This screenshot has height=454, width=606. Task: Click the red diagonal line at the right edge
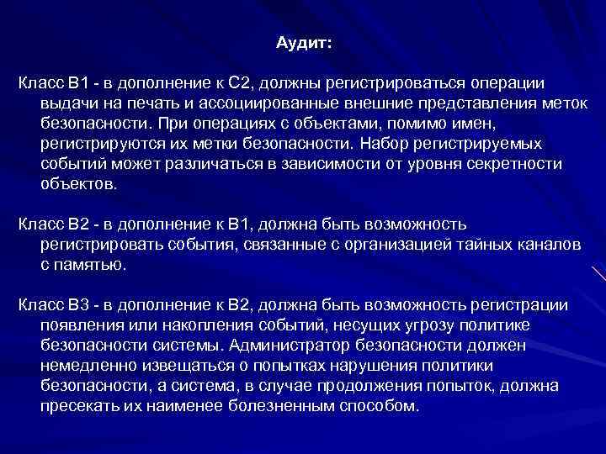pos(598,274)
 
